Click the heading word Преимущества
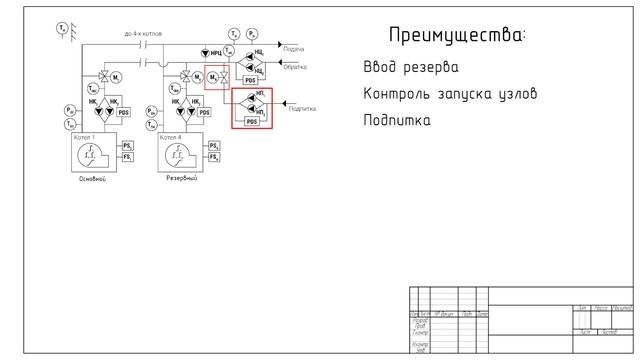pyautogui.click(x=456, y=36)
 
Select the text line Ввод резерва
pyautogui.click(x=411, y=68)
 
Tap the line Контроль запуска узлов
pyautogui.click(x=450, y=94)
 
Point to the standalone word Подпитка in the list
pyautogui.click(x=397, y=120)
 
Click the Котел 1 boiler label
pyautogui.click(x=87, y=137)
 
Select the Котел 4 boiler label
pyautogui.click(x=171, y=137)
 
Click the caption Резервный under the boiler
pyautogui.click(x=181, y=179)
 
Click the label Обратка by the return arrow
pyautogui.click(x=295, y=67)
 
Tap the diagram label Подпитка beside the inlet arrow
pyautogui.click(x=302, y=108)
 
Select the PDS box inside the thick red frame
pyautogui.click(x=251, y=121)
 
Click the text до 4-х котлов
pyautogui.click(x=143, y=34)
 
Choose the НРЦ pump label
pyautogui.click(x=212, y=51)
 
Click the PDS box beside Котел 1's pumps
pyautogui.click(x=124, y=113)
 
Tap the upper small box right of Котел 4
pyautogui.click(x=213, y=146)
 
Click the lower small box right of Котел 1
pyautogui.click(x=127, y=158)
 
